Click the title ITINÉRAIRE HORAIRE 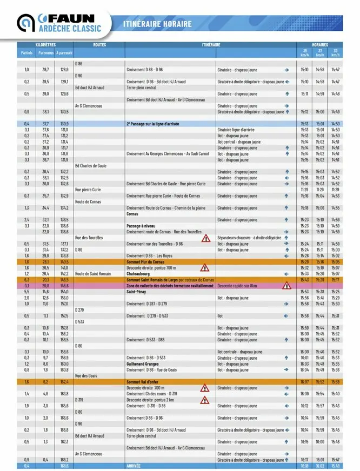pos(157,24)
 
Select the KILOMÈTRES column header pos(45,45)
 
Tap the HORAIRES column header pos(320,45)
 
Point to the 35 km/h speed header pos(304,52)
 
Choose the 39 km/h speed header pos(336,52)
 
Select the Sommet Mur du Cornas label pos(145,261)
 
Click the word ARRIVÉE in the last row pos(134,466)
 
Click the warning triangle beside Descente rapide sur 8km pos(286,285)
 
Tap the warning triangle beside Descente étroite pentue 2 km pos(205,400)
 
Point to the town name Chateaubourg pos(141,274)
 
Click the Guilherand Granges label pos(143,364)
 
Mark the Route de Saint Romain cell pos(92,274)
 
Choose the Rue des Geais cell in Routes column pos(86,376)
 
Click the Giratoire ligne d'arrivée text pos(236,130)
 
